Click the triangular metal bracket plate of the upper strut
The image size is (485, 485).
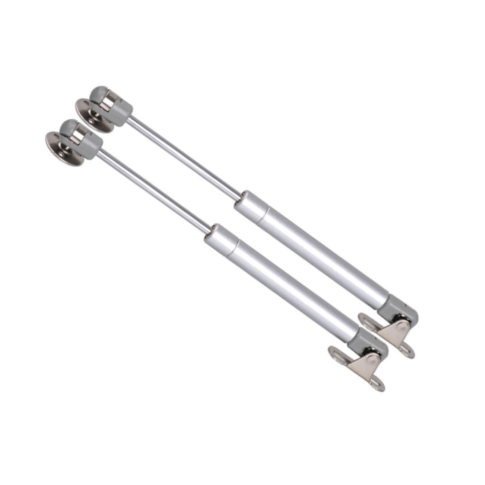(x=395, y=333)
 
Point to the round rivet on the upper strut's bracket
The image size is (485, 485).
(x=403, y=327)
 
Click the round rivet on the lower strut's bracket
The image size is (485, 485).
(x=373, y=360)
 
